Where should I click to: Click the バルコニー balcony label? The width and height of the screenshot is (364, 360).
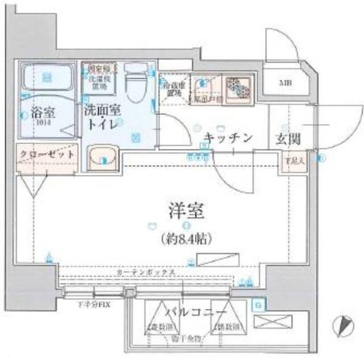point(196,312)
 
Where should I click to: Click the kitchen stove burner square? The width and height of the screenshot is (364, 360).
point(239,88)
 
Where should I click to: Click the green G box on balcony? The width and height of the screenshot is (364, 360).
point(258,305)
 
